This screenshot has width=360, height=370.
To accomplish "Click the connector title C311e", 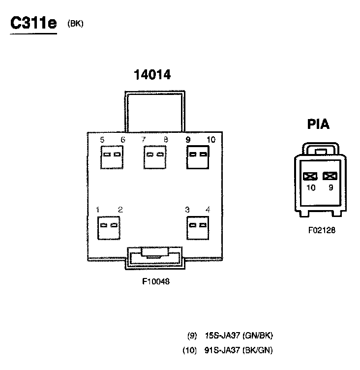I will click(33, 24).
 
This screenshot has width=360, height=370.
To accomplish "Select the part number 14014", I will click(152, 75).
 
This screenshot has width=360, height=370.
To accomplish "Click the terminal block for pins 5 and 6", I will click(111, 157).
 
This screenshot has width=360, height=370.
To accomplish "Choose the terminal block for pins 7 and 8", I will click(154, 157).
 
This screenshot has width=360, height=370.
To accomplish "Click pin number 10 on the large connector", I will click(211, 140).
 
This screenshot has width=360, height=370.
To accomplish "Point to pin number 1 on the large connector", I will click(98, 210).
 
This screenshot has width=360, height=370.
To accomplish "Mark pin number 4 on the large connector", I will click(208, 210).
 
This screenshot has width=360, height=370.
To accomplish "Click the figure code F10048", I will click(155, 282).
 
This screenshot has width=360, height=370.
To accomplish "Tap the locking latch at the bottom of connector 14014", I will click(154, 256).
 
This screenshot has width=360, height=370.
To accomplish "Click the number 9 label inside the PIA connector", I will click(331, 187).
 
